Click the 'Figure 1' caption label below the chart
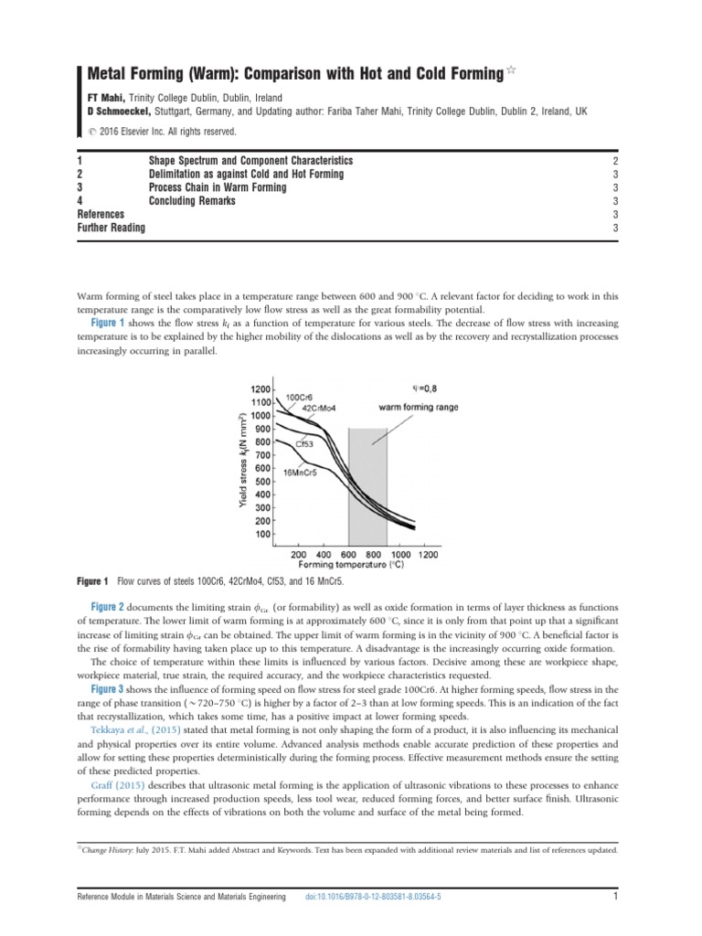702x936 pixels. [93, 581]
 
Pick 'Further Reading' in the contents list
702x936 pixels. [112, 228]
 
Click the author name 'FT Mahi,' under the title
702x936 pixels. [105, 98]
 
